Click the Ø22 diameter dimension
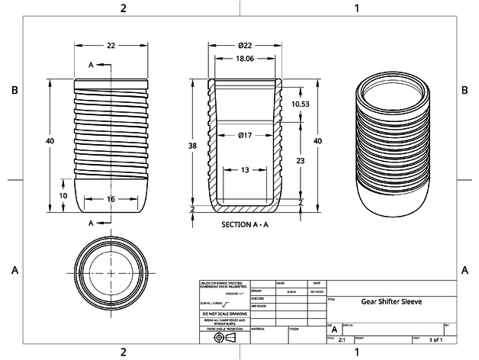[x=243, y=46]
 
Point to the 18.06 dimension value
[x=243, y=59]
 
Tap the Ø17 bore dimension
[x=246, y=135]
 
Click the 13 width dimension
[x=245, y=169]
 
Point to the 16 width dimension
[x=111, y=198]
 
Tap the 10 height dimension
[x=63, y=195]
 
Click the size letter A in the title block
[x=334, y=329]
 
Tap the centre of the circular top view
[x=111, y=273]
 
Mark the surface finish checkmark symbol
[x=227, y=304]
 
